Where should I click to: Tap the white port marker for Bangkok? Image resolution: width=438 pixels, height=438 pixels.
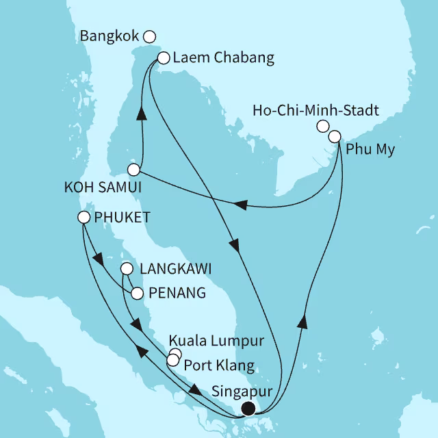(x=150, y=36)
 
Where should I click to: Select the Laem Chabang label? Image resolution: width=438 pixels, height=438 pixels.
(x=224, y=58)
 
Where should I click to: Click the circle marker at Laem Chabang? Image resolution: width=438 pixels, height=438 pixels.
(x=164, y=59)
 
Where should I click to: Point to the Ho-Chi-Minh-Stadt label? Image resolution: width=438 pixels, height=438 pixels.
(x=315, y=109)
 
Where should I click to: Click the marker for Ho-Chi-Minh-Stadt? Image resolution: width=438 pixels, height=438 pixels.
(x=322, y=126)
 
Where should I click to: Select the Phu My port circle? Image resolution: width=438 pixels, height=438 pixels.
(x=335, y=136)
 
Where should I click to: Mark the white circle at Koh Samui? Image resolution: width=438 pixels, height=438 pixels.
(x=135, y=169)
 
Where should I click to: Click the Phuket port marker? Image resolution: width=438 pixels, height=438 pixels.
(x=83, y=218)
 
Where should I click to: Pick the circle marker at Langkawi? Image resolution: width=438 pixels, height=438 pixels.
(x=127, y=269)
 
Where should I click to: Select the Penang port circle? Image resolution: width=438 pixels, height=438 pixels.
(x=137, y=293)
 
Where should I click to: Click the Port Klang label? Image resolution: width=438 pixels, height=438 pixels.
(x=220, y=363)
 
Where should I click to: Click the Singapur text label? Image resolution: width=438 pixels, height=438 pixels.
(x=242, y=392)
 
